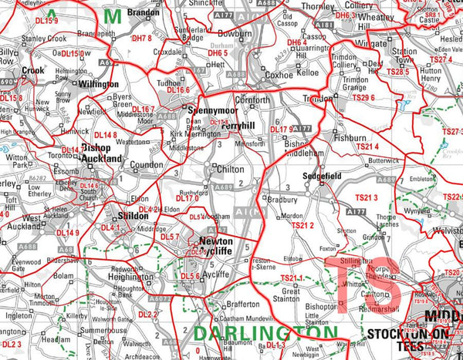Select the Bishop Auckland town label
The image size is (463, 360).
click(x=101, y=153)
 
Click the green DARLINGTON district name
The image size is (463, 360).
click(x=265, y=334)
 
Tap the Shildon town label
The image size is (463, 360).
click(x=133, y=216)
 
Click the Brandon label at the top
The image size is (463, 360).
click(x=144, y=14)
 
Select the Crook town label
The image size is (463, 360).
click(x=33, y=70)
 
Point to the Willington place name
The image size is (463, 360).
click(x=100, y=84)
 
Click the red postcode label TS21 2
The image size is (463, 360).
click(x=301, y=225)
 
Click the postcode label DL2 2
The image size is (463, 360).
click(x=147, y=315)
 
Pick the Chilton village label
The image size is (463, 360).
click(x=231, y=169)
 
